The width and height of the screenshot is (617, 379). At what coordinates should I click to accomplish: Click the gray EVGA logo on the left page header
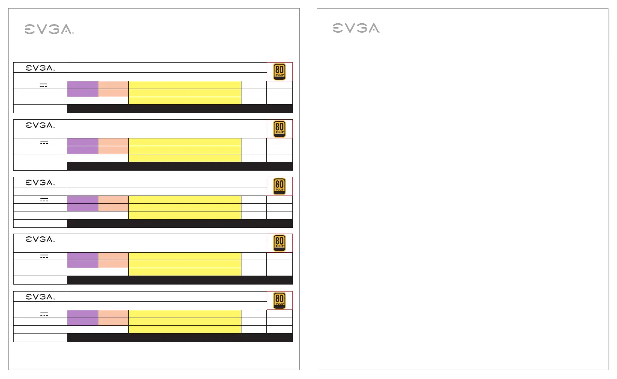[49, 29]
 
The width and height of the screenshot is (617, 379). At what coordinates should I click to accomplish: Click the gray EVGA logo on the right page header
[357, 28]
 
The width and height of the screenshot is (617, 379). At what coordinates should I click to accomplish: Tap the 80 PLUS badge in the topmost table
[279, 72]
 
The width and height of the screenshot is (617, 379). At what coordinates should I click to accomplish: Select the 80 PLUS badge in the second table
[279, 129]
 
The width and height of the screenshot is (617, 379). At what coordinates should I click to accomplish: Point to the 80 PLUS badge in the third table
[279, 187]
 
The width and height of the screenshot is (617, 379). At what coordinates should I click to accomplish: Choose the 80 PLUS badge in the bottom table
[279, 301]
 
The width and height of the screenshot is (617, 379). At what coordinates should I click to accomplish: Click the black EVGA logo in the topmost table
[40, 68]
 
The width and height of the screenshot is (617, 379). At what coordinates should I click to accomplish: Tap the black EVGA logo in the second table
[40, 125]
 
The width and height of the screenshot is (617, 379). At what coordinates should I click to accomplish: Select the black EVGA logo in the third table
[40, 183]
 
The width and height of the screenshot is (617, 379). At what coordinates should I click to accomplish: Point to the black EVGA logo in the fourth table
[40, 239]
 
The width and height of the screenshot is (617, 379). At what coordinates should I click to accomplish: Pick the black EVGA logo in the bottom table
[40, 297]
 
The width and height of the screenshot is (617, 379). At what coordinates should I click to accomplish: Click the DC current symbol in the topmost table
[43, 86]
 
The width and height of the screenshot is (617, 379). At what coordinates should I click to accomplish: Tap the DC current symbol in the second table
[44, 143]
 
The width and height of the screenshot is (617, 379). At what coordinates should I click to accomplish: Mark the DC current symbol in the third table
[44, 200]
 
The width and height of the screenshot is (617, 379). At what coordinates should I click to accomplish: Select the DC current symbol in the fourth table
[44, 257]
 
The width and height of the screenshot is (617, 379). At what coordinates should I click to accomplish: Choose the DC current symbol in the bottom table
[44, 314]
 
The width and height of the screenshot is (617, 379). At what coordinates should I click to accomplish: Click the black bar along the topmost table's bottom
[180, 108]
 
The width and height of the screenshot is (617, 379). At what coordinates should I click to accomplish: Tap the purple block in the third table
[83, 204]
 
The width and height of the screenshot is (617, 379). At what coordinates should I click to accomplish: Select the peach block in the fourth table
[113, 260]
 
